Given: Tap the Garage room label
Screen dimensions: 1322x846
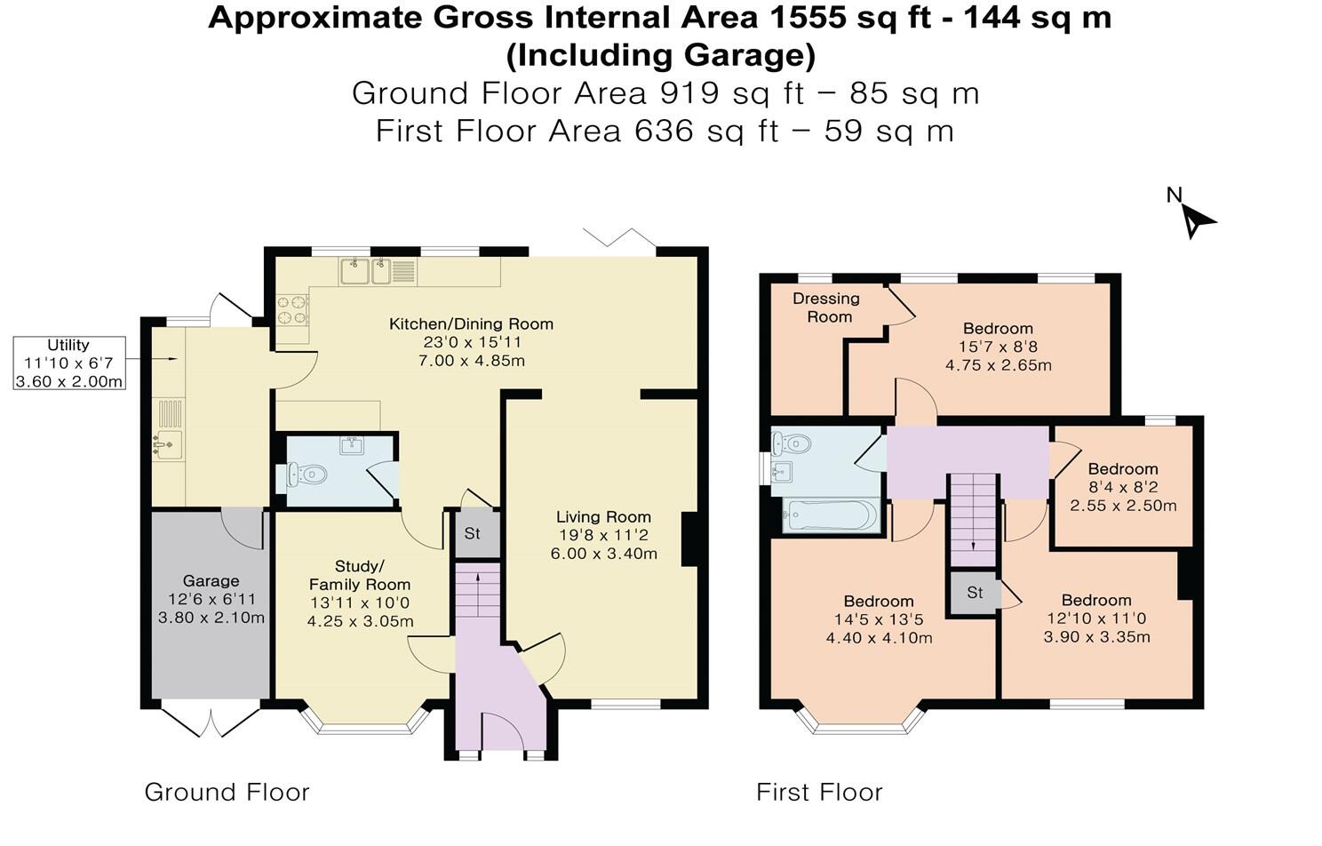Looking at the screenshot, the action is pyautogui.click(x=211, y=581).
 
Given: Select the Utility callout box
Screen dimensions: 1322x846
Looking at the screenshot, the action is pyautogui.click(x=69, y=363).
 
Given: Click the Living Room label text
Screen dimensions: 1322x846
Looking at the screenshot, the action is pyautogui.click(x=603, y=517).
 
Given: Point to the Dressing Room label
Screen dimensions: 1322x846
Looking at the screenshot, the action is pyautogui.click(x=826, y=307).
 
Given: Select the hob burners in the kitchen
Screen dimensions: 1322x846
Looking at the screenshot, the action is pyautogui.click(x=293, y=310).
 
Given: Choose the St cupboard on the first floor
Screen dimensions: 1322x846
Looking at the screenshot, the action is pyautogui.click(x=975, y=592).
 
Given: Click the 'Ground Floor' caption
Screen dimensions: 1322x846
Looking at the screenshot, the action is pyautogui.click(x=227, y=793).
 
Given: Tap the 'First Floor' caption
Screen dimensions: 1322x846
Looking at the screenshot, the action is pyautogui.click(x=820, y=793).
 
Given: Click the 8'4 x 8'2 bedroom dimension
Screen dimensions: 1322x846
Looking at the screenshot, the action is pyautogui.click(x=1123, y=488).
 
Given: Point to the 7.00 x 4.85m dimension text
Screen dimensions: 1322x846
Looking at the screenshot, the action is pyautogui.click(x=472, y=361).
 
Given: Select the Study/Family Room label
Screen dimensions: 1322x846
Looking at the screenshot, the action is pyautogui.click(x=360, y=576).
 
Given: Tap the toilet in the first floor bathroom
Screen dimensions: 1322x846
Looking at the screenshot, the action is pyautogui.click(x=792, y=443).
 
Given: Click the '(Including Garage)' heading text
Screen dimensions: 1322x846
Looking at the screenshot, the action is pyautogui.click(x=661, y=55).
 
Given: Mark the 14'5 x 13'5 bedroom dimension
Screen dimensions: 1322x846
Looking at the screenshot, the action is pyautogui.click(x=879, y=620).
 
